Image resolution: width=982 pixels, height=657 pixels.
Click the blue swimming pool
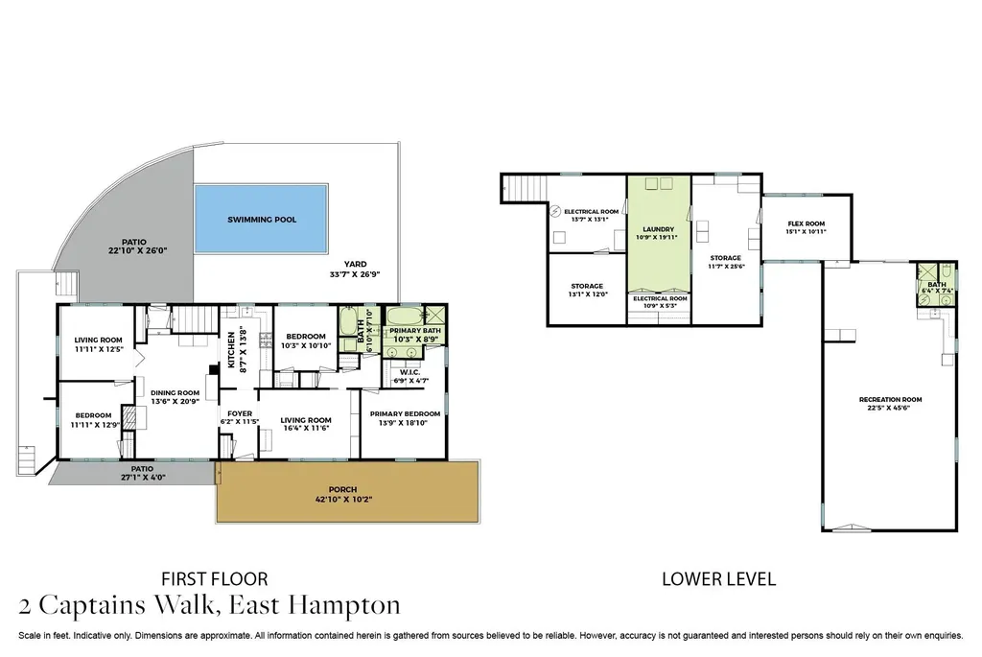(261, 219)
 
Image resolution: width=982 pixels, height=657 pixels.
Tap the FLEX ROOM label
(806, 223)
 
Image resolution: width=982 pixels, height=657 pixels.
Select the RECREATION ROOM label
(890, 400)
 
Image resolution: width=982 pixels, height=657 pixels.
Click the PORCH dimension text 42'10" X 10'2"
(342, 500)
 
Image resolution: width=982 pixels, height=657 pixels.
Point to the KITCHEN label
(231, 350)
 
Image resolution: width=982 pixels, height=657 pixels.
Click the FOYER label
(240, 413)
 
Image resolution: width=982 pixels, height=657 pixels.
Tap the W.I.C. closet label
(409, 372)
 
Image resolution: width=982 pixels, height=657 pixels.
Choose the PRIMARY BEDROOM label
(405, 414)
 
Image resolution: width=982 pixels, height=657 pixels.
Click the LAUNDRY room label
(658, 229)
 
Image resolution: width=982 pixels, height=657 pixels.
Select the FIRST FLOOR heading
(215, 578)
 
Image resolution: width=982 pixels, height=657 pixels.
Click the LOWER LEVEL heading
(719, 579)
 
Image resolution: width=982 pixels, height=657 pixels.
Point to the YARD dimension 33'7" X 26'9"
(355, 274)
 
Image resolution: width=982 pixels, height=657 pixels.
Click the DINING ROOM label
(175, 392)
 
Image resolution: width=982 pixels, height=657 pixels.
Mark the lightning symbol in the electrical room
(555, 211)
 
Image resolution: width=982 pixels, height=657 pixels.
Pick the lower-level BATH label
(937, 284)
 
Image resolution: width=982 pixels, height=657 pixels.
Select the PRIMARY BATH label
(415, 330)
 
